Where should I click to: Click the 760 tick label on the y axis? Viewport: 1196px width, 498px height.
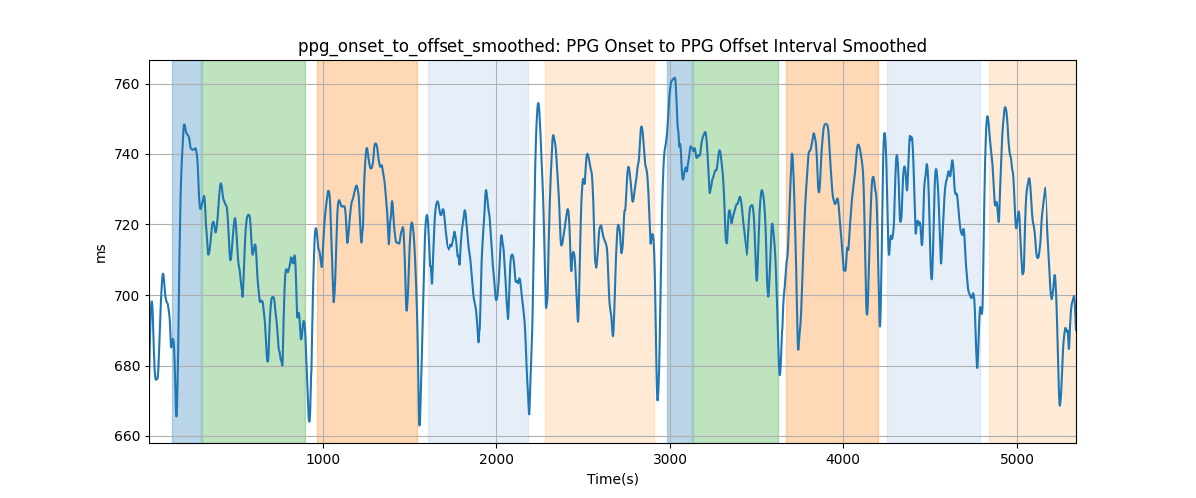[126, 85]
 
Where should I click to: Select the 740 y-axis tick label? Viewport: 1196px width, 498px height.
[126, 154]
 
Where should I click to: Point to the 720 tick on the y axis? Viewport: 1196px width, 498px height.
[126, 225]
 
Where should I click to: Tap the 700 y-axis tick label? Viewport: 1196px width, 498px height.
[126, 296]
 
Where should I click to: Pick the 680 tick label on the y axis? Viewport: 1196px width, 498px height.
[126, 367]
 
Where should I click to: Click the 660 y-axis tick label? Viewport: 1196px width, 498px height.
[126, 436]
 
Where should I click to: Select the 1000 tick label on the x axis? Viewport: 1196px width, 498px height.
[323, 459]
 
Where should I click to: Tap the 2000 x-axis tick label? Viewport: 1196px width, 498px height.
[496, 459]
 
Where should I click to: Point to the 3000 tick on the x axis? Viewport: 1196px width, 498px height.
[670, 459]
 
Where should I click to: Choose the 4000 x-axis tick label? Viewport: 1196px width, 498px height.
[843, 459]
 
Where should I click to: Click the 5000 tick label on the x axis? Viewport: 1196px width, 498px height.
[1017, 459]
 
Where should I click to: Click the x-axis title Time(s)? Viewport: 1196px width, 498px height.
[613, 479]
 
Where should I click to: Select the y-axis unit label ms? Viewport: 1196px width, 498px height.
[100, 254]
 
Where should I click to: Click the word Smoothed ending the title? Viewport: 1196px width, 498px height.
[885, 46]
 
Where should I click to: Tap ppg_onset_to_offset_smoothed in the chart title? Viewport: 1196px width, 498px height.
[429, 47]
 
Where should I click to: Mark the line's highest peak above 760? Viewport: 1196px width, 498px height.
[675, 78]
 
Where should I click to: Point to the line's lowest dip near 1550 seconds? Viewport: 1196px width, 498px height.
[420, 425]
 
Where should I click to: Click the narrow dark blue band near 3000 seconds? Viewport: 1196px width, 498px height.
[680, 252]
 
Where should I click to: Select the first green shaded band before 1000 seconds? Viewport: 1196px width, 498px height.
[254, 252]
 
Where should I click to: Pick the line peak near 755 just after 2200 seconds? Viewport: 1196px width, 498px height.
[538, 103]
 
